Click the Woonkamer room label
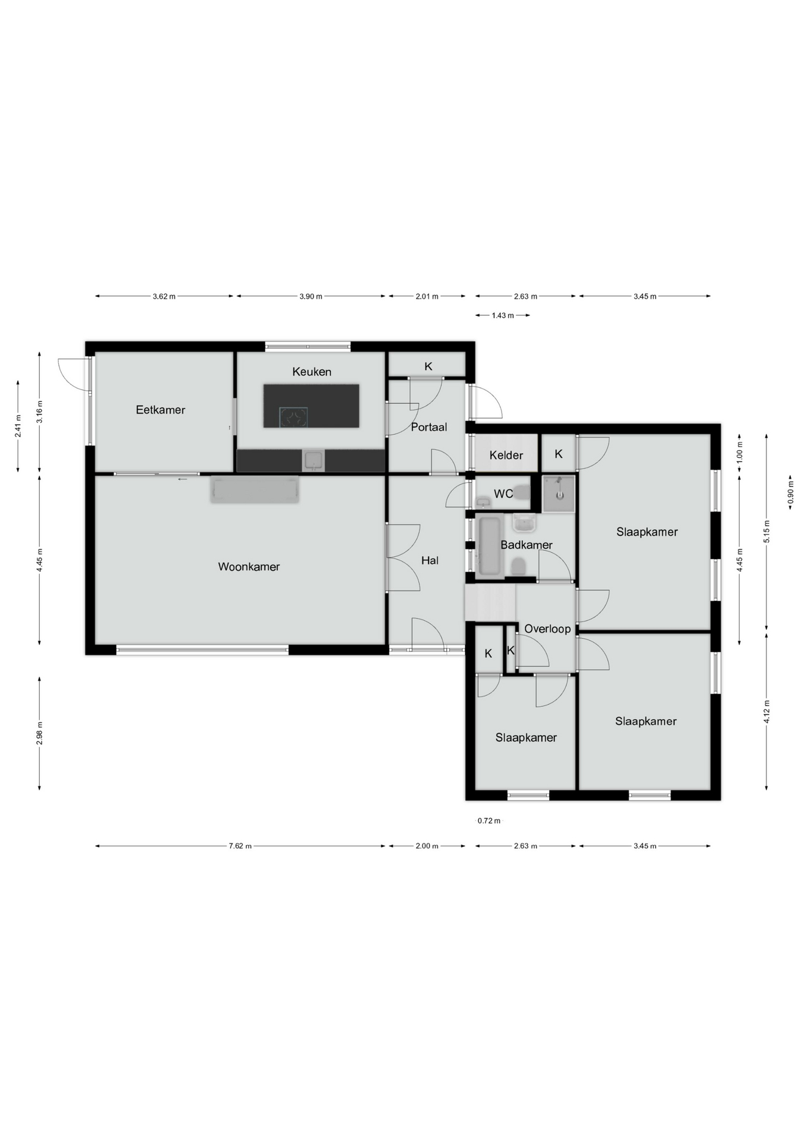(249, 567)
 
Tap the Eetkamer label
(161, 410)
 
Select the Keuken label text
(312, 372)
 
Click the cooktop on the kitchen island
(295, 416)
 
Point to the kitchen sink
(313, 460)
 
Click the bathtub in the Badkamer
(490, 546)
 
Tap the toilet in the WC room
(522, 492)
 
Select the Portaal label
(429, 427)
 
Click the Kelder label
(506, 456)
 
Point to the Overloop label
(547, 629)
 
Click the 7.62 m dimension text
(240, 846)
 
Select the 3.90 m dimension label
(311, 296)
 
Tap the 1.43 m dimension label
(503, 315)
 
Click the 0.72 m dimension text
(489, 821)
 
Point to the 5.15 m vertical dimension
(767, 531)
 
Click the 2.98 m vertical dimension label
(40, 733)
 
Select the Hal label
(430, 560)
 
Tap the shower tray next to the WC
(559, 493)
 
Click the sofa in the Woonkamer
(255, 489)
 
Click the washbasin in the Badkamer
(524, 523)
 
